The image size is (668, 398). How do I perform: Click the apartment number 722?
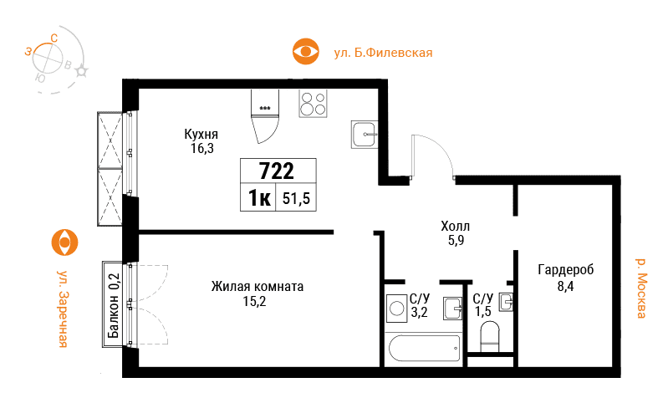point(277,171)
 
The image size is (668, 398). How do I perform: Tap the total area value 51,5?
point(296,198)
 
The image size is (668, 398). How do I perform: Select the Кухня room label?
point(201,134)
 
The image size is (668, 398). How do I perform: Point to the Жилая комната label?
point(258,286)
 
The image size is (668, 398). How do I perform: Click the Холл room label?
point(456,226)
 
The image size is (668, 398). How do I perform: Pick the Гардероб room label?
point(566,270)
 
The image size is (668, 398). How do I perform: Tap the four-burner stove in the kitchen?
point(313,103)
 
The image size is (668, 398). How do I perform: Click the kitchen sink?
point(365,135)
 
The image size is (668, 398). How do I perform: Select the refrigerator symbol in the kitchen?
point(265,116)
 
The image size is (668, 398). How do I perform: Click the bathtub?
point(424,348)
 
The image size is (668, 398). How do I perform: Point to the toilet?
point(489,337)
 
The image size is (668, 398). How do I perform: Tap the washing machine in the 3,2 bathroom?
point(396,308)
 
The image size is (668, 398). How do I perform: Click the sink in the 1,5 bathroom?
point(506,302)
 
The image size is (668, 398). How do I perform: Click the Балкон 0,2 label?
point(114,305)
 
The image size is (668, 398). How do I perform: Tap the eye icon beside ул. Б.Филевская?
point(305,52)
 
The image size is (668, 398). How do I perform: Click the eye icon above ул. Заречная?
point(64,242)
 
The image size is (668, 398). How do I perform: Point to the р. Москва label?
point(640,288)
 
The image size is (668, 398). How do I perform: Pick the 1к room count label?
point(259,198)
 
